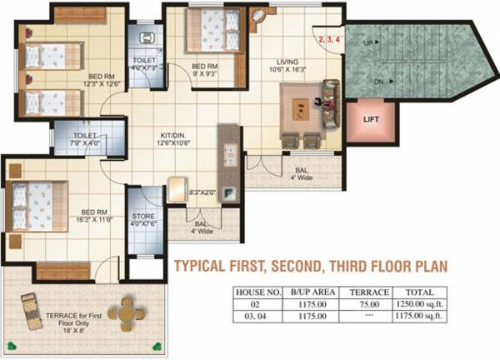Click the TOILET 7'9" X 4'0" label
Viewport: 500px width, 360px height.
[x=85, y=138]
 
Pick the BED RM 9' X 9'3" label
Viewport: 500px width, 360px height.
[x=204, y=70]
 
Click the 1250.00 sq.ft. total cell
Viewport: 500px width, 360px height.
[x=420, y=305]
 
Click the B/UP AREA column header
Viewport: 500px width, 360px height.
[x=314, y=292]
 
